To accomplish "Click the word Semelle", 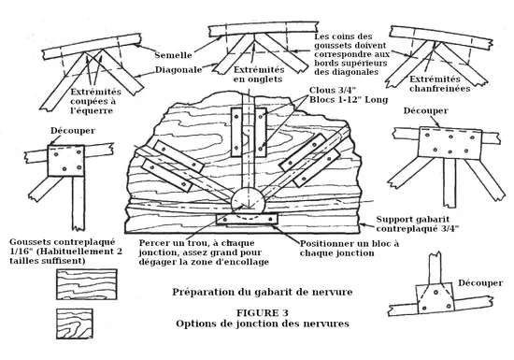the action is pos(173,55).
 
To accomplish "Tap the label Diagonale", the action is pos(178,70).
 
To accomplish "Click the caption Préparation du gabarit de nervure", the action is pos(263,292).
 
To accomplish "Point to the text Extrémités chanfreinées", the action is pos(439,83).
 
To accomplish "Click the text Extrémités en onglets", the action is pos(259,75).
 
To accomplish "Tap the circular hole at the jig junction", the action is pos(248,200).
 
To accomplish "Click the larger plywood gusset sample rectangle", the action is pos(87,284).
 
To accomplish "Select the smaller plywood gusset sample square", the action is pos(75,324).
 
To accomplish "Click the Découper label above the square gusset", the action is pos(73,131).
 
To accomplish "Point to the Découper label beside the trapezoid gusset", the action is pos(480,282).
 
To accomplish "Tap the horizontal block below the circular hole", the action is pos(247,219).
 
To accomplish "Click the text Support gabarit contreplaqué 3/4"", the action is pos(417,223).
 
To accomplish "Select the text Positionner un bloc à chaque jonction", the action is pos(350,248).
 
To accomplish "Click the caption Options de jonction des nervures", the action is pos(263,324).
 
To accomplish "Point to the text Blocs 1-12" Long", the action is pos(349,99).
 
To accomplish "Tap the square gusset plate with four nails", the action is pos(66,161).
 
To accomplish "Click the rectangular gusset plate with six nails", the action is pos(450,144).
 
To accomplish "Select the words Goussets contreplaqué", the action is pos(63,242).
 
